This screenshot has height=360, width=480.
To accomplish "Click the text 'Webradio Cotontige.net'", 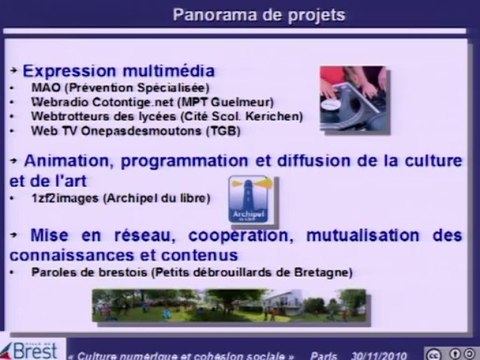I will [88, 102].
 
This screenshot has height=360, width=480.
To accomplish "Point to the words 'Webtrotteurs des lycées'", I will [93, 116].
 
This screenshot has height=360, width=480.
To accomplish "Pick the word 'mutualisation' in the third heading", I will [336, 234].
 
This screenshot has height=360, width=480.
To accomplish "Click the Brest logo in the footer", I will [30, 347].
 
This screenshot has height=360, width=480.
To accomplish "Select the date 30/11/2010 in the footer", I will [381, 350].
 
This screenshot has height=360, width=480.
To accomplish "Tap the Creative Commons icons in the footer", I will [450, 350].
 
